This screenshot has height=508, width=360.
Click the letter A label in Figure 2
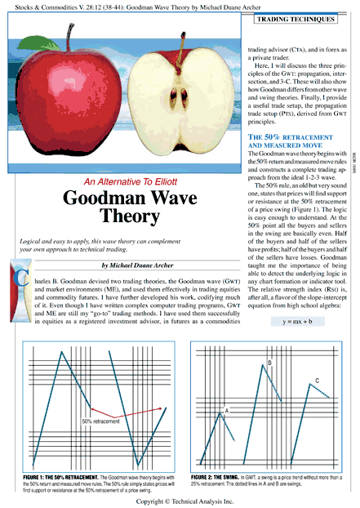coord(226,408)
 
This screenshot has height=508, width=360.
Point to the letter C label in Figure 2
coord(316,381)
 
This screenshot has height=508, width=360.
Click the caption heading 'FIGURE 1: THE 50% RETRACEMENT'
coord(57,475)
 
